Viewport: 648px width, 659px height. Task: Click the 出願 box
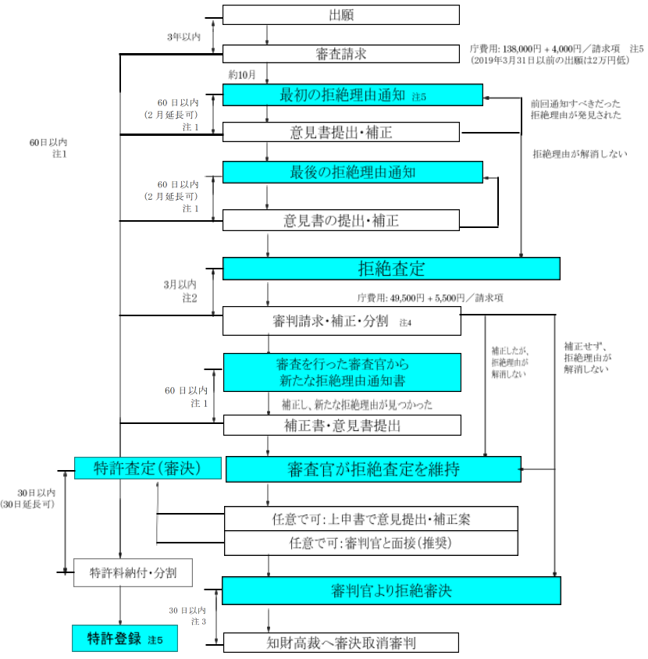point(341,15)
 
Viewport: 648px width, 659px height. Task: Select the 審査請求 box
point(341,54)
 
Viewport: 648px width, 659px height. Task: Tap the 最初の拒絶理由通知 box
point(353,95)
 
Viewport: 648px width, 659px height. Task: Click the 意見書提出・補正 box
point(341,132)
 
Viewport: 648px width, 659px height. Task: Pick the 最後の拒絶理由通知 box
point(353,172)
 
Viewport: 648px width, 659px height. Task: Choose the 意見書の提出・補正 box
point(341,220)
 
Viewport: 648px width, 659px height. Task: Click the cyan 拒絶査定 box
point(391,269)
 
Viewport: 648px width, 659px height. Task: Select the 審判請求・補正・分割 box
point(341,321)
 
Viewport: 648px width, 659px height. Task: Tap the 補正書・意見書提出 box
point(341,426)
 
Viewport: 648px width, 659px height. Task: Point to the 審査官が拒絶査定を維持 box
point(372,469)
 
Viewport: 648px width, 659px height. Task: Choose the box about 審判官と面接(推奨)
point(371,542)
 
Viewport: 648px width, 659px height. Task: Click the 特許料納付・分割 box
point(133,572)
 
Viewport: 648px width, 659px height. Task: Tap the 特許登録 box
point(124,639)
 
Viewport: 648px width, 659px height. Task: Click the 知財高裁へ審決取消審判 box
point(341,643)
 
